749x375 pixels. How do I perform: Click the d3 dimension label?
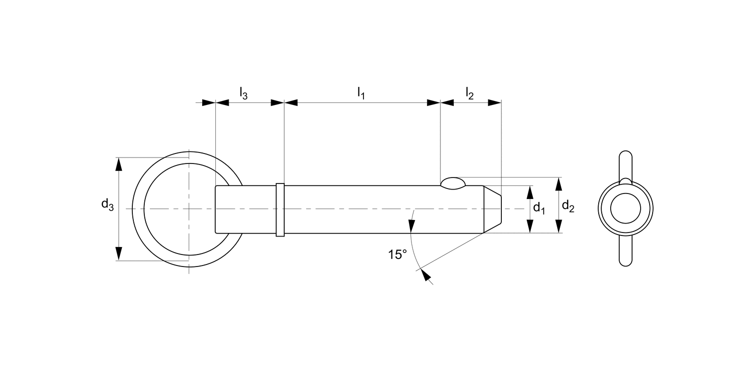point(107,204)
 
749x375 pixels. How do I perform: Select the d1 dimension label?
point(538,208)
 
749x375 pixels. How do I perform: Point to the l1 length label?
point(361,92)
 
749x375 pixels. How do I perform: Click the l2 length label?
point(469,92)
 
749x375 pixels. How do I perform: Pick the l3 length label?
point(243,93)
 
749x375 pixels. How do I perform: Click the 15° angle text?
point(397,254)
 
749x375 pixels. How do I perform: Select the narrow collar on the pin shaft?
point(280,209)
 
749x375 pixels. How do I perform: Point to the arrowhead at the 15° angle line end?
point(425,274)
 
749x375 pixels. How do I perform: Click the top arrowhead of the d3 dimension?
point(119,163)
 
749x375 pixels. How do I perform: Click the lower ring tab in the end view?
point(625,252)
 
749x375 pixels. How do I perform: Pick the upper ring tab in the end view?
point(625,162)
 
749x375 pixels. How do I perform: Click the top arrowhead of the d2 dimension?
point(559,183)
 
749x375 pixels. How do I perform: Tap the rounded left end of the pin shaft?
point(217,209)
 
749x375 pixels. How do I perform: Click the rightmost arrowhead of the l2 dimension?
point(494,102)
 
